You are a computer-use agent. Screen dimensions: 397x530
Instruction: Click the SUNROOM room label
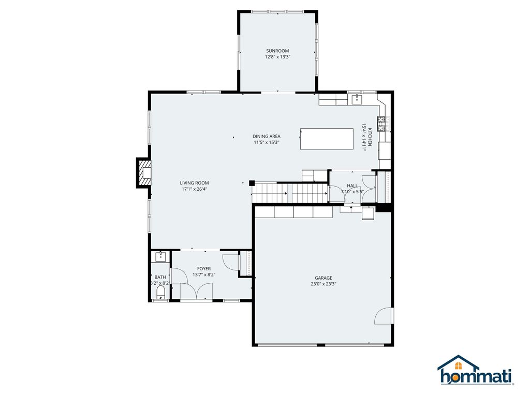277,51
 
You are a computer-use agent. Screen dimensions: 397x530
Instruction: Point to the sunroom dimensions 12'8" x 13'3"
277,57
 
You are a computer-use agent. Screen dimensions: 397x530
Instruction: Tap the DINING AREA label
267,136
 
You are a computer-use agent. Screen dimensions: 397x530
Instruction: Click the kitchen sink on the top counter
357,99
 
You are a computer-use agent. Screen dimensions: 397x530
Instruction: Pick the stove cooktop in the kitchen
381,123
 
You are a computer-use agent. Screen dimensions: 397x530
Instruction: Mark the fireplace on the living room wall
144,173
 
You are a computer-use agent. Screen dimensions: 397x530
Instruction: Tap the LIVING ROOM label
195,183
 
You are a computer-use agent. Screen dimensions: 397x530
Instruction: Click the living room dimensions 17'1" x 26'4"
195,189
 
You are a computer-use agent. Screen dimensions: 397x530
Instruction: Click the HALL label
352,186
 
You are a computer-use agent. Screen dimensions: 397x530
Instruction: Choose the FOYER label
204,269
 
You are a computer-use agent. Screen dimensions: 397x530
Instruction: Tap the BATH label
160,277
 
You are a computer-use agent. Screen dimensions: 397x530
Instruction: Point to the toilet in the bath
160,293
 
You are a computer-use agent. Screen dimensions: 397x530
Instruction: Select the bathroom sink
160,255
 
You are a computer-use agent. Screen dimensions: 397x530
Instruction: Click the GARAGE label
323,278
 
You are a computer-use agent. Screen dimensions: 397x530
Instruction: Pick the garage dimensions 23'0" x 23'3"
323,284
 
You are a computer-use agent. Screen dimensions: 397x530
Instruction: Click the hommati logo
475,371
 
